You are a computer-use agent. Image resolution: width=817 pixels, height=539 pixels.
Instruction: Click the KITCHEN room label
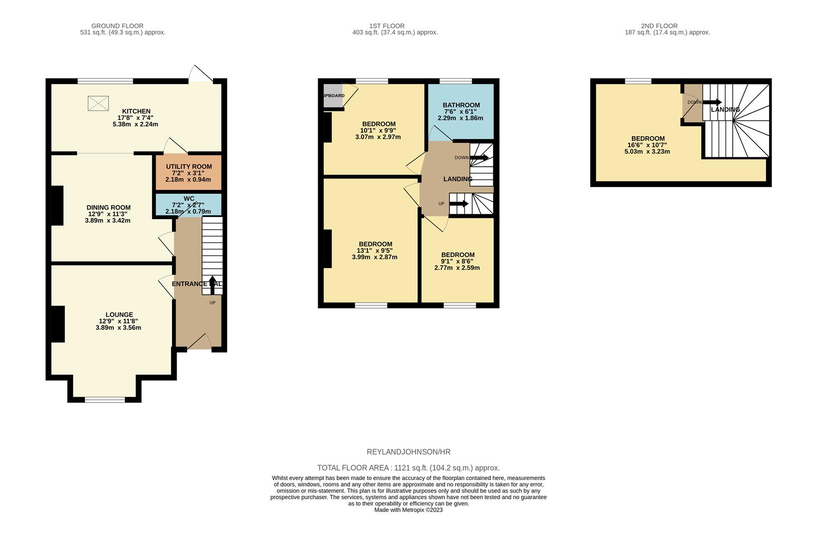(136, 111)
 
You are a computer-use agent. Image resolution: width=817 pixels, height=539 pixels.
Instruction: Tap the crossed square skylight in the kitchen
(98, 103)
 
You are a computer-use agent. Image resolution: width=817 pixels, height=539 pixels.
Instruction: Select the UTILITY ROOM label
(189, 166)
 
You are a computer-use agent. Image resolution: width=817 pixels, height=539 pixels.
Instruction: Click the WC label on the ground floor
(189, 199)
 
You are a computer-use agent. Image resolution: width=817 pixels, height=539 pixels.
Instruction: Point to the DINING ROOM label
(108, 208)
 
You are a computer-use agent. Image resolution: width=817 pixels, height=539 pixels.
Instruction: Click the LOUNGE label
(119, 314)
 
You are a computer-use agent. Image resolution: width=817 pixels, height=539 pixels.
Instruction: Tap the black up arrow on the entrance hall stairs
(212, 285)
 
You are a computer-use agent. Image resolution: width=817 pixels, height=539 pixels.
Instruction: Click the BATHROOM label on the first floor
(461, 105)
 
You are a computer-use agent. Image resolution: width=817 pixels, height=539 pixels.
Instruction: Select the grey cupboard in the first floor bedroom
(333, 96)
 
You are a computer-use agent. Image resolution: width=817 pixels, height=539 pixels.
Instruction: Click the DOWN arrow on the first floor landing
(479, 158)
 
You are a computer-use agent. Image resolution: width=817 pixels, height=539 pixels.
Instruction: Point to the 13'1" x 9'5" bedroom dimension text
(375, 251)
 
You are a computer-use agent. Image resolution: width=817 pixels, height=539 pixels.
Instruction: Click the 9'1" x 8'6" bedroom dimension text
(457, 262)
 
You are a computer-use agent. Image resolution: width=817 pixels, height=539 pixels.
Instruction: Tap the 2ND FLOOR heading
(659, 26)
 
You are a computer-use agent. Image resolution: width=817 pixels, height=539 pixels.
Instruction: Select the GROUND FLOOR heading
(117, 26)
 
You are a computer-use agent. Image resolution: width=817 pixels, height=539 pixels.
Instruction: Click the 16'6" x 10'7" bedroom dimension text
(647, 145)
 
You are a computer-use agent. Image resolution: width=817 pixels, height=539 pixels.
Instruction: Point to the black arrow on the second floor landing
(712, 102)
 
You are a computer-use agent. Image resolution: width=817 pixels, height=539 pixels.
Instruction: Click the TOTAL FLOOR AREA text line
(408, 468)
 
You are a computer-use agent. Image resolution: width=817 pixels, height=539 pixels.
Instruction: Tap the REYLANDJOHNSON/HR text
(408, 452)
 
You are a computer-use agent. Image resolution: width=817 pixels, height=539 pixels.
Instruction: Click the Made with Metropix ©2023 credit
(408, 510)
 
